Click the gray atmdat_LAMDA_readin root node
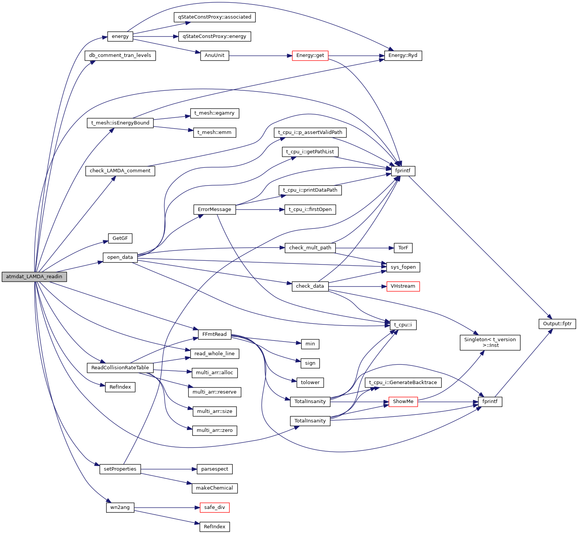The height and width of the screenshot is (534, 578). tap(34, 277)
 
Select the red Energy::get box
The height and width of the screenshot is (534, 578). tap(310, 55)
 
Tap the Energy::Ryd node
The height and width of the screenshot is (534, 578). tap(403, 55)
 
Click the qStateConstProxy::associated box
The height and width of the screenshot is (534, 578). tap(215, 17)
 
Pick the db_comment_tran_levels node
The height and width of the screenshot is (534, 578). tap(120, 55)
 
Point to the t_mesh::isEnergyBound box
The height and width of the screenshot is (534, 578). tap(120, 123)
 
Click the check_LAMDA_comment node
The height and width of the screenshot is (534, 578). tap(120, 171)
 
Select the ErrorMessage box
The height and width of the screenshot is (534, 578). tap(215, 210)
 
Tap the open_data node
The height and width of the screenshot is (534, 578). tap(120, 257)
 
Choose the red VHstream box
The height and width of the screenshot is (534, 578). tap(403, 286)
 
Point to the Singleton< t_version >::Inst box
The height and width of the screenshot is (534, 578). tap(490, 342)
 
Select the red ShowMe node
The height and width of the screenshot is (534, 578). tap(403, 402)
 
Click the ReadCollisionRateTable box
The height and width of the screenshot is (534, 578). tap(120, 368)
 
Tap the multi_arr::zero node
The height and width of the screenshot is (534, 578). tap(215, 430)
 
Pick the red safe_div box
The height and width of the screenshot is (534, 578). tap(215, 507)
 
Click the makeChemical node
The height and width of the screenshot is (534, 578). tap(215, 488)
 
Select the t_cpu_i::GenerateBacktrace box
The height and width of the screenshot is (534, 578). tap(403, 383)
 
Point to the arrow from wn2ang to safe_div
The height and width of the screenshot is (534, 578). tap(167, 508)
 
